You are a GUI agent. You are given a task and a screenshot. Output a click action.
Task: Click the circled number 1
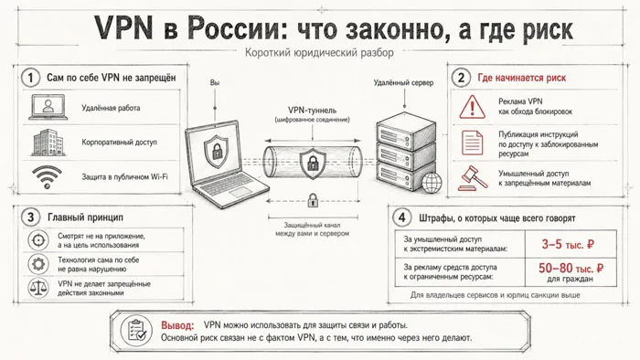coord(30,78)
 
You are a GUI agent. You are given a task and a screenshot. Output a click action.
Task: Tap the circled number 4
coord(401,217)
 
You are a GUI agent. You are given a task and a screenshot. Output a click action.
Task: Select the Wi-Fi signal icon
coord(48,177)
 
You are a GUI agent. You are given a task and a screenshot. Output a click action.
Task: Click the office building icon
coord(48,143)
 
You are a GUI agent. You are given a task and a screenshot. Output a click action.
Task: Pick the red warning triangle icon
coord(473,107)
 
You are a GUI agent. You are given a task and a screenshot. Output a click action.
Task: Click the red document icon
coord(473,143)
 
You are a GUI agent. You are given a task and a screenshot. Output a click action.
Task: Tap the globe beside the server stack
coord(432,182)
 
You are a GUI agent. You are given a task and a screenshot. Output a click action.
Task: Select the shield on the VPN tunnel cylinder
coord(313,164)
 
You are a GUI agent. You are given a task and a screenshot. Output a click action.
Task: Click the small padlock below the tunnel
coord(313,200)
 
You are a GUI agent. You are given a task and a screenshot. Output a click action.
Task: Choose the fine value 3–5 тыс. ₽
coord(568,244)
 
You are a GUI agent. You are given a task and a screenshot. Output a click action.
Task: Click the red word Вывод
coord(177,325)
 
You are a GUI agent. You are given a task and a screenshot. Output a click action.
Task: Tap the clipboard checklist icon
coord(137,330)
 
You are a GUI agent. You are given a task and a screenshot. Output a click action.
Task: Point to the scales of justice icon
coord(38,288)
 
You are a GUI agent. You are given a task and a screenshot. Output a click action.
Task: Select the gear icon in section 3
coord(38,264)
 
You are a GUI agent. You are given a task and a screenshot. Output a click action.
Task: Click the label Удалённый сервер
coord(404,83)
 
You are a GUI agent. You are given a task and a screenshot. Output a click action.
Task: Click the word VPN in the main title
coord(124,27)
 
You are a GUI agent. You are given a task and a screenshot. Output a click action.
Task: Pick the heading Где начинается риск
coord(522,78)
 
